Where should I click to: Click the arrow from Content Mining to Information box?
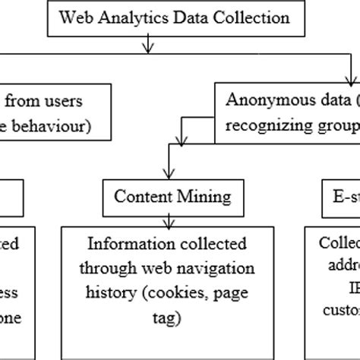coord(165,216)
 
